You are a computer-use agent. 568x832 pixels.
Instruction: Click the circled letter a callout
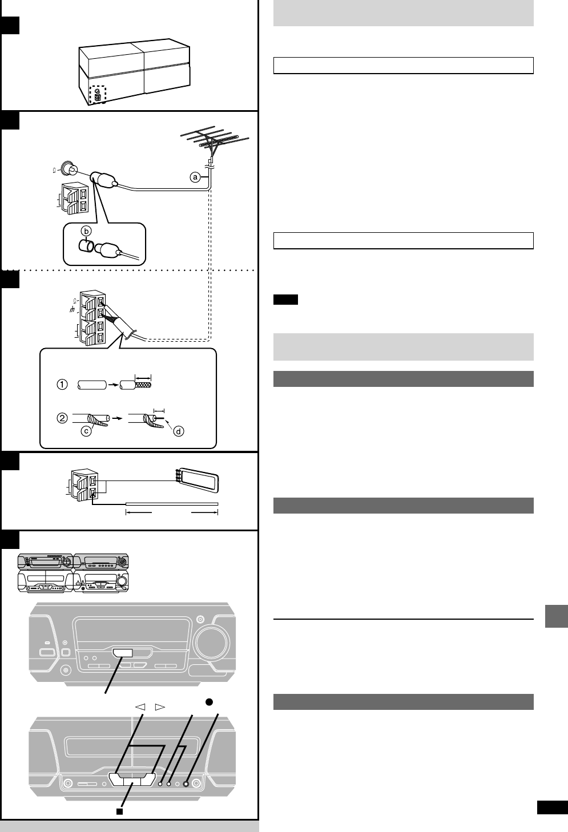point(195,177)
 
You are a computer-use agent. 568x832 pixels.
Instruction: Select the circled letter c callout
point(87,432)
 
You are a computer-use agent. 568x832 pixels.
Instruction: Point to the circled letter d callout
point(179,431)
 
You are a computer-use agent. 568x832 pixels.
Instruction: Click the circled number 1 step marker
point(62,385)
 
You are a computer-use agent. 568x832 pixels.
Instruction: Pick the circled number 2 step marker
point(62,417)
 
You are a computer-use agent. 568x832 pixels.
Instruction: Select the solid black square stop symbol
point(120,810)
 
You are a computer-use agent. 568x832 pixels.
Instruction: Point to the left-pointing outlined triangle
point(140,707)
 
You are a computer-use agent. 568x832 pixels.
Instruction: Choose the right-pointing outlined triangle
point(160,707)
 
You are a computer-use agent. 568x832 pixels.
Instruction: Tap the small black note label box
point(285,300)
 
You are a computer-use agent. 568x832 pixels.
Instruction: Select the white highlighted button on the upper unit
point(124,654)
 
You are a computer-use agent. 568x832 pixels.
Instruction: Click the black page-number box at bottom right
point(552,807)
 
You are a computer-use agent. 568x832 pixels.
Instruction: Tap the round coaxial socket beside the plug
point(72,169)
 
